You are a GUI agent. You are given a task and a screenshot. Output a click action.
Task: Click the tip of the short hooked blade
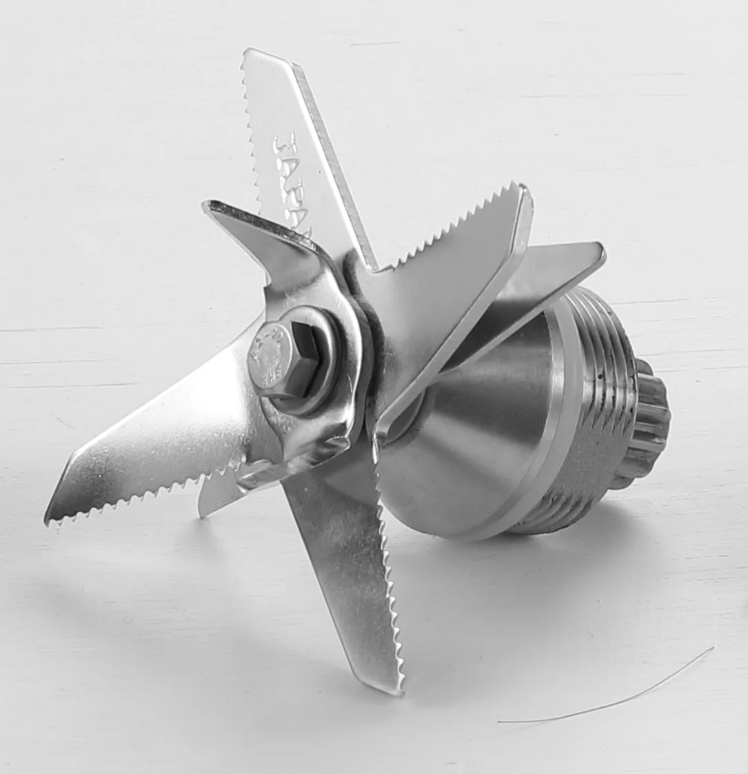point(207,205)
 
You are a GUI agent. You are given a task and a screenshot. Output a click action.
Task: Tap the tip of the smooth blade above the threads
point(603,248)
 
